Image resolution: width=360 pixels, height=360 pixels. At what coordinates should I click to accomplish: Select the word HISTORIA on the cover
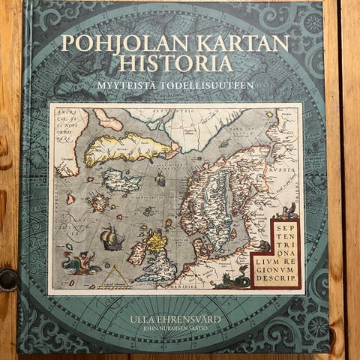[178, 65]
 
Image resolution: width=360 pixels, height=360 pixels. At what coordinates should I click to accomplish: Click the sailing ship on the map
[111, 238]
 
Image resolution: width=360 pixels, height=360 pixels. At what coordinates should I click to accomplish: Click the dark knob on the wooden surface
[7, 280]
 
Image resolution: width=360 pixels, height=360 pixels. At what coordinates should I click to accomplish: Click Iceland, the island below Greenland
[121, 181]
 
